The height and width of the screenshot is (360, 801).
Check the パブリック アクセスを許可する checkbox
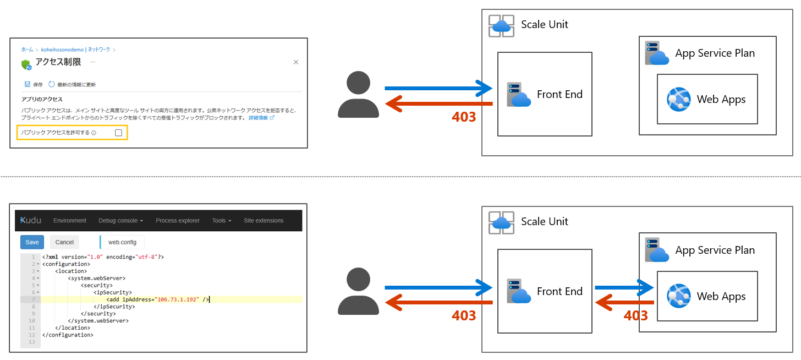pyautogui.click(x=118, y=133)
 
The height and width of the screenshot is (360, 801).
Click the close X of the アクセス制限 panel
pyautogui.click(x=296, y=62)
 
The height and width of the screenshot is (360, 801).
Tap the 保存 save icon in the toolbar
pyautogui.click(x=27, y=85)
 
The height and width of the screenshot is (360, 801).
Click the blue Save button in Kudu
pyautogui.click(x=32, y=242)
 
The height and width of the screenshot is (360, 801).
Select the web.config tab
pyautogui.click(x=122, y=242)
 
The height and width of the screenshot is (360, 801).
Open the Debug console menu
pyautogui.click(x=120, y=221)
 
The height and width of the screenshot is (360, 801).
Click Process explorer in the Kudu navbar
pyautogui.click(x=178, y=221)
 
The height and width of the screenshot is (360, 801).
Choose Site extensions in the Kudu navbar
pyautogui.click(x=264, y=221)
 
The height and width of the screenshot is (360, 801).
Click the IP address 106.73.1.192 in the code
pyautogui.click(x=178, y=299)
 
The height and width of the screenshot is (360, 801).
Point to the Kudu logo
pyautogui.click(x=31, y=220)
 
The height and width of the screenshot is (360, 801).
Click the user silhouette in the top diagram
pyautogui.click(x=358, y=95)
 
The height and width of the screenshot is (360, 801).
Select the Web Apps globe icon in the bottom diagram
pyautogui.click(x=679, y=296)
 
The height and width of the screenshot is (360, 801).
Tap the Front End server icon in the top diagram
pyautogui.click(x=518, y=95)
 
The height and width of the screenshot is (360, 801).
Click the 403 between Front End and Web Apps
pyautogui.click(x=635, y=315)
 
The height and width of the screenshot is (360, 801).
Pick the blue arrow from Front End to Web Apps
pyautogui.click(x=623, y=287)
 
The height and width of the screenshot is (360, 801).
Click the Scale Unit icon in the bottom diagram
pyautogui.click(x=501, y=223)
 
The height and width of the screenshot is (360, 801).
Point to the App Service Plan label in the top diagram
pyautogui.click(x=715, y=53)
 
